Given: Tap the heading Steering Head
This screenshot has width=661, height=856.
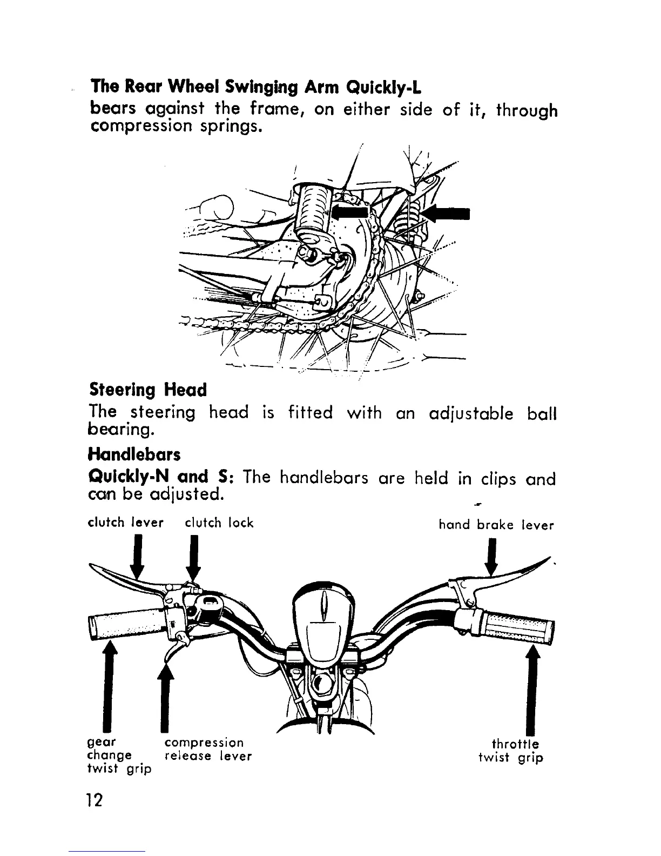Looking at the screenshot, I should (147, 390).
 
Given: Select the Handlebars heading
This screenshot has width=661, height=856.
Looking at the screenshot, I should (133, 452).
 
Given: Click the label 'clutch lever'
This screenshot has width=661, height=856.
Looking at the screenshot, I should (125, 523).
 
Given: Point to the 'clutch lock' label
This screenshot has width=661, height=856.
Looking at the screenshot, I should (219, 523).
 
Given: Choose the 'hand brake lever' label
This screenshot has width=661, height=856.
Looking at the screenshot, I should (496, 525).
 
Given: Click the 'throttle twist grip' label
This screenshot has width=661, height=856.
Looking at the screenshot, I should (510, 751).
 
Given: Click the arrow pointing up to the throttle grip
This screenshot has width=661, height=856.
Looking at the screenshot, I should (534, 686).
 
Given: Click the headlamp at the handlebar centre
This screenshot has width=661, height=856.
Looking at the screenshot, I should (324, 616).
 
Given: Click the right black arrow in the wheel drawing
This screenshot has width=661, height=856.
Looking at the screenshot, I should (448, 214).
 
